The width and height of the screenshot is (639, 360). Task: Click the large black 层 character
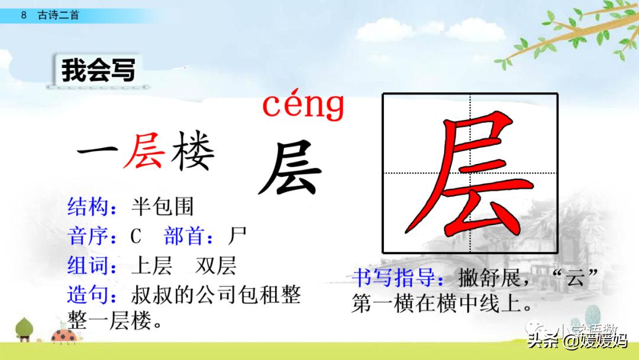tap(290, 168)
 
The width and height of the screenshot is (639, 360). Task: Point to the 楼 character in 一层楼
tap(192, 152)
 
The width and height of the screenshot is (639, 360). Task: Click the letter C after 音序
tap(136, 237)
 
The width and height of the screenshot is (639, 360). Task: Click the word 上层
tap(151, 266)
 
